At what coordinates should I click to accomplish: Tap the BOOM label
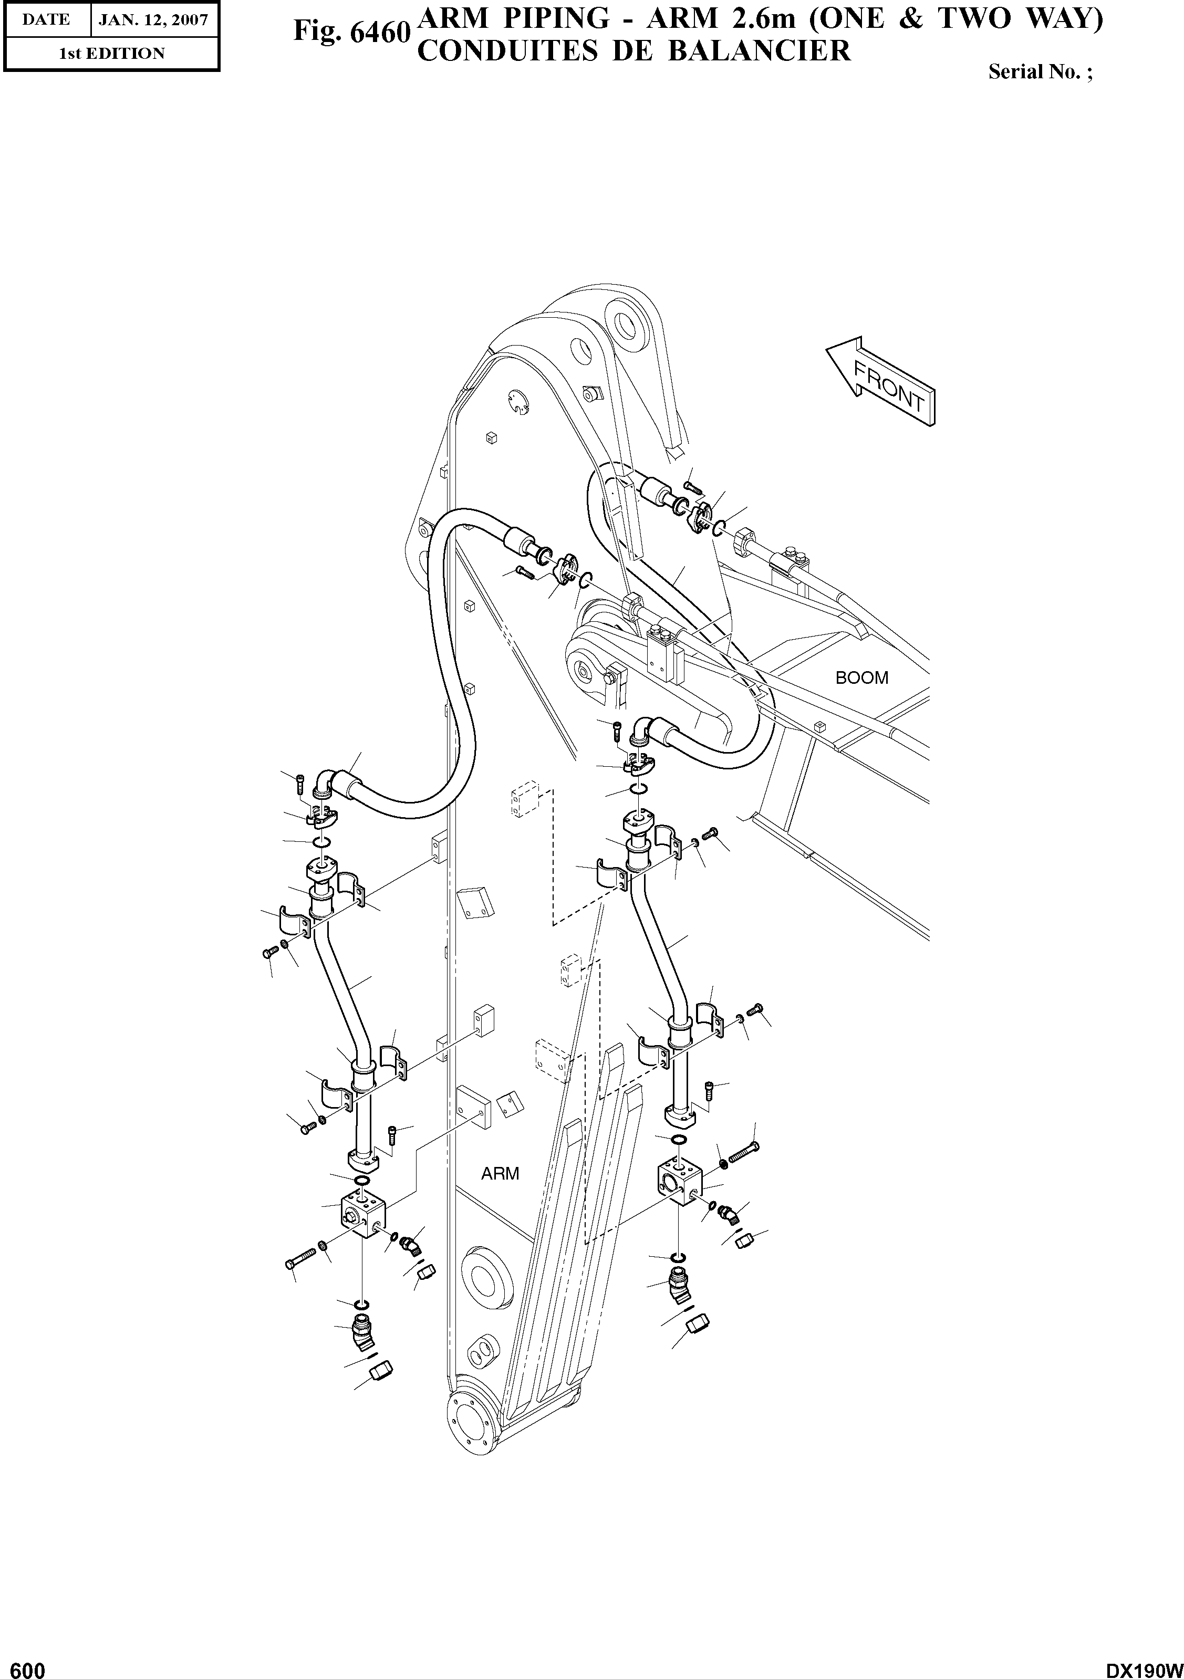(x=861, y=678)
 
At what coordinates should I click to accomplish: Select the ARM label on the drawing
(x=500, y=1174)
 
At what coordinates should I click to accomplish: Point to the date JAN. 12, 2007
(x=153, y=20)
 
